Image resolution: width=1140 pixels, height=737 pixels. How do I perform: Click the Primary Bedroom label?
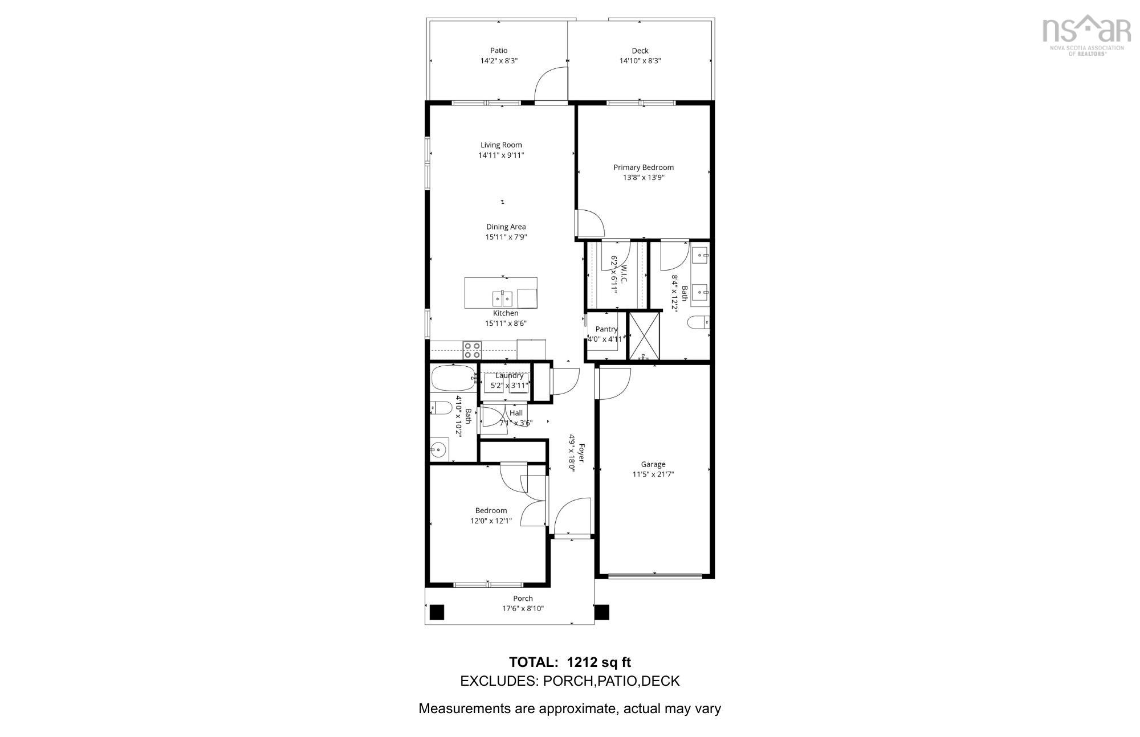point(643,167)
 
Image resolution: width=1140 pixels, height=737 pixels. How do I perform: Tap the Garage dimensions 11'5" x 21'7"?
point(653,474)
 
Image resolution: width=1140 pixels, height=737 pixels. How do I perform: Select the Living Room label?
point(500,145)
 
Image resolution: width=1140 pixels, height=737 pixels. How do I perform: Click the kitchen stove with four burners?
point(472,350)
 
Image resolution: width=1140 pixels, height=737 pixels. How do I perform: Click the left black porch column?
point(437,612)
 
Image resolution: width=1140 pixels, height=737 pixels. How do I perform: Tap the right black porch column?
point(602,612)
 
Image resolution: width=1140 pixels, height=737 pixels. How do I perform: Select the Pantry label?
point(606,329)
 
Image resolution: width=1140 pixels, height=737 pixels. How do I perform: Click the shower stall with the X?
point(644,336)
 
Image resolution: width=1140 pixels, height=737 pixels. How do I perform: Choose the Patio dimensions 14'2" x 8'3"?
point(498,61)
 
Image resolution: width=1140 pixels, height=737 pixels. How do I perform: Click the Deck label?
point(640,51)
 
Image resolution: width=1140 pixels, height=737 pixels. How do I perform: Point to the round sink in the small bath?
point(437,450)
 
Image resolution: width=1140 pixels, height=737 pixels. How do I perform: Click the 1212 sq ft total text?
point(598,662)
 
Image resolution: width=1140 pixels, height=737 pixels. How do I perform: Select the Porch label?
point(523,599)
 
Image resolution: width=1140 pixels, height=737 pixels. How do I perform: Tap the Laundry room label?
point(509,375)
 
